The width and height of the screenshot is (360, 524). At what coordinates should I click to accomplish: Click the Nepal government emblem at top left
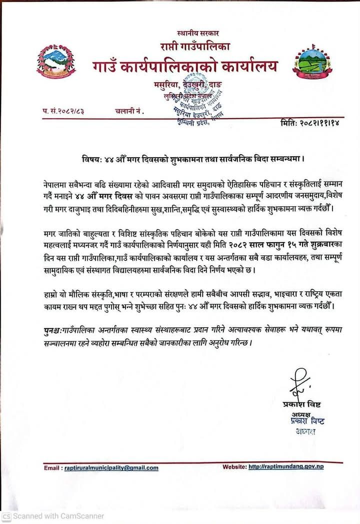coord(56,62)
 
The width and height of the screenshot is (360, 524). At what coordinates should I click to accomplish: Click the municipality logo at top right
coord(311,62)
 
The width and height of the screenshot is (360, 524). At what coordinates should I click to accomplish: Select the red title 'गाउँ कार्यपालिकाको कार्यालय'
coord(184,66)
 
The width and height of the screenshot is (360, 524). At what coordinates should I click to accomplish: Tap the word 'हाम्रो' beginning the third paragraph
coord(51,293)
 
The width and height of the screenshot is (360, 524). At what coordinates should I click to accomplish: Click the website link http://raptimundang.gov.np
coord(287,467)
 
